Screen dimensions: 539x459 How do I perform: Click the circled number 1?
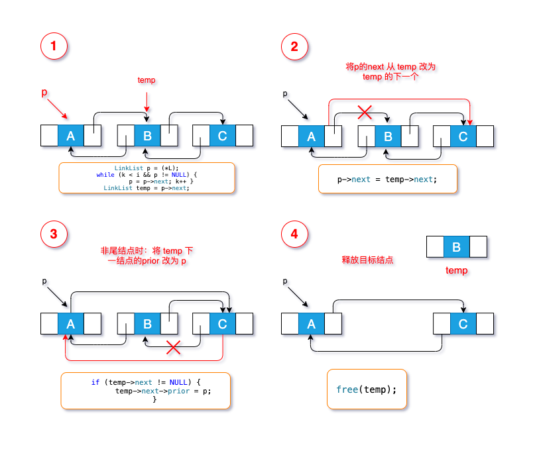[x=54, y=46]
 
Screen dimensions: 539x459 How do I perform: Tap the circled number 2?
[x=294, y=46]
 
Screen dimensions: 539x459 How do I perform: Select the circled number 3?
[x=54, y=234]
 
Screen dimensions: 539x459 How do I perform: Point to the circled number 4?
[x=294, y=234]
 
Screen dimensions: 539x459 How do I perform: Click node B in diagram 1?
[x=147, y=136]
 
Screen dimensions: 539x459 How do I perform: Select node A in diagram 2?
[x=312, y=136]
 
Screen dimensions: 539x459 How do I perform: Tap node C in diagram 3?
[x=222, y=324]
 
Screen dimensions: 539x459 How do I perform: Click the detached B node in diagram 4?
[x=457, y=247]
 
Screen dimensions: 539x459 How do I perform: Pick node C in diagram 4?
[x=463, y=324]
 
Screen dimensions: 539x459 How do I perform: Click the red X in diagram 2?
[x=365, y=112]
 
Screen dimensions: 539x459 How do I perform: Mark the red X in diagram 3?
[x=173, y=347]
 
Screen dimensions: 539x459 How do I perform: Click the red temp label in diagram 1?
[x=147, y=80]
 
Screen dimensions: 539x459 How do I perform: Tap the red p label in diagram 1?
[x=44, y=93]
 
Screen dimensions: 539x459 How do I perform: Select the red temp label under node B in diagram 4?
[x=457, y=270]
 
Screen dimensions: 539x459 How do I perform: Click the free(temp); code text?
[x=367, y=389]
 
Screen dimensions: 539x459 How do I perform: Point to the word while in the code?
[x=105, y=175]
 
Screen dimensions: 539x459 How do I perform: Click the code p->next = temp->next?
[x=387, y=179]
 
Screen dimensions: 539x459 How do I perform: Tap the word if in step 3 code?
[x=95, y=382]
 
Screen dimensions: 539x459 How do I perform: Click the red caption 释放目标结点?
[x=367, y=260]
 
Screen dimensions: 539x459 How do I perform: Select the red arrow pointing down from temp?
[x=147, y=102]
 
